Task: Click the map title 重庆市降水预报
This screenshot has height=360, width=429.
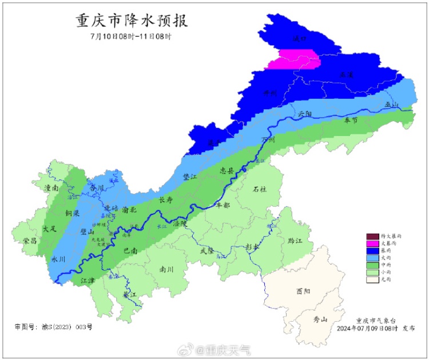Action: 132,21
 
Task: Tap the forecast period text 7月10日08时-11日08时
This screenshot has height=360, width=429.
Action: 132,36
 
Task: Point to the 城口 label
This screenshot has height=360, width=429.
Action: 300,39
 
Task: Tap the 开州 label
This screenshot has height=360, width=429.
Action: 269,93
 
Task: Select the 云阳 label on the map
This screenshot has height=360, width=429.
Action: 307,114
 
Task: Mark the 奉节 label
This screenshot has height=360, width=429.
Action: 351,120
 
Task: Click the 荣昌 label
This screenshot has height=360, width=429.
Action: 30,241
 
